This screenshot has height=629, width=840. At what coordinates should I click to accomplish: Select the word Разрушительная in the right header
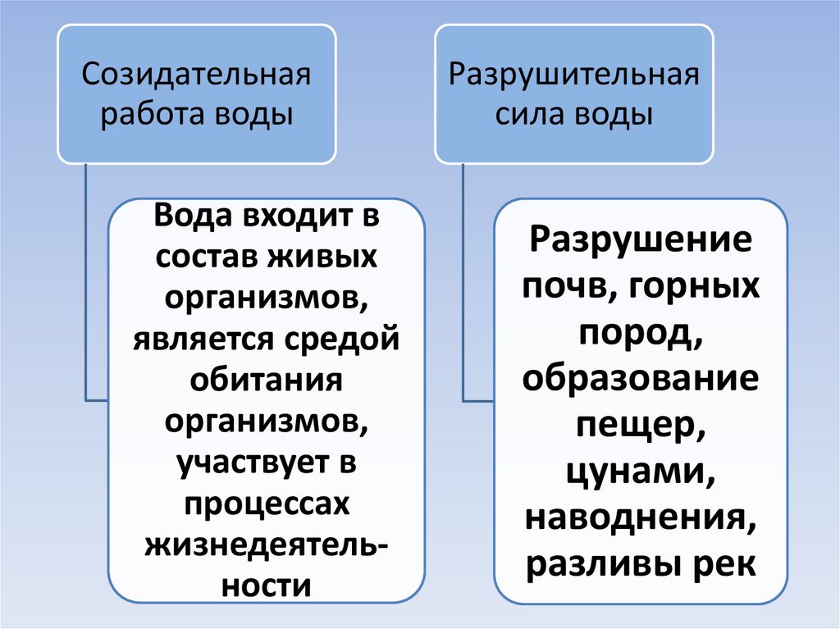pyautogui.click(x=573, y=78)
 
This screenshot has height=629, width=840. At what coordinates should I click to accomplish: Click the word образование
pyautogui.click(x=641, y=380)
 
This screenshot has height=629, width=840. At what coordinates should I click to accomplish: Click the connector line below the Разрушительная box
pyautogui.click(x=464, y=279)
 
